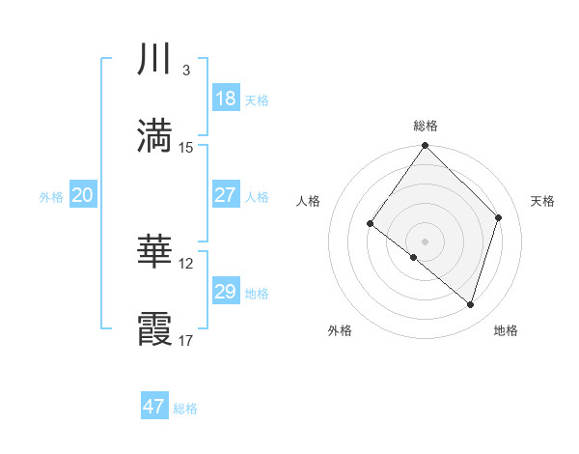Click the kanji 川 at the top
(x=154, y=60)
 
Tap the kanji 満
(x=154, y=135)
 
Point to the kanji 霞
(x=154, y=327)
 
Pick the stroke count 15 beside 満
(x=186, y=147)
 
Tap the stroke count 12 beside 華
(x=186, y=263)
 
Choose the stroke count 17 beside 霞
(x=186, y=339)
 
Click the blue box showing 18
(x=225, y=99)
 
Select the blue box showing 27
(x=225, y=195)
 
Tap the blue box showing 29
(x=225, y=292)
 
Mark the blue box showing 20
(x=82, y=195)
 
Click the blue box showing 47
(x=154, y=407)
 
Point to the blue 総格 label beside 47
(x=185, y=409)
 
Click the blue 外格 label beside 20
(x=51, y=197)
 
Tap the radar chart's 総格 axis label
(x=426, y=126)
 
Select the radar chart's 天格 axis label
(x=542, y=201)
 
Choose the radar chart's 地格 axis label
(x=506, y=331)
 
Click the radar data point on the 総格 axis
(x=426, y=146)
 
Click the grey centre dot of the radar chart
(x=426, y=241)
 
